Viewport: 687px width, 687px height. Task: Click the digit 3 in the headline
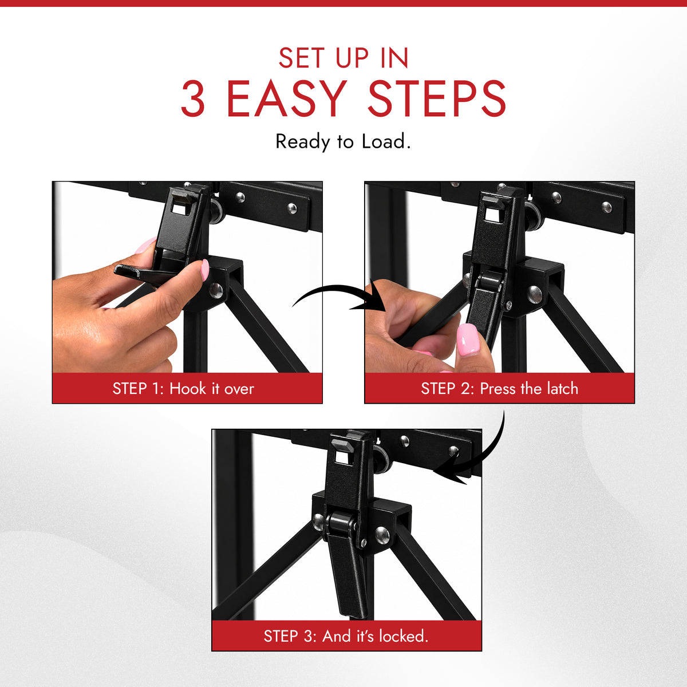(x=194, y=98)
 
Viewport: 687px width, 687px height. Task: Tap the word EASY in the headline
(x=287, y=98)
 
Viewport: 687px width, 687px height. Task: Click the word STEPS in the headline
(x=437, y=98)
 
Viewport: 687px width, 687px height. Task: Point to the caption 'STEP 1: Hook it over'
(x=183, y=389)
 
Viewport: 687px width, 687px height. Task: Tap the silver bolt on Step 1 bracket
(x=216, y=290)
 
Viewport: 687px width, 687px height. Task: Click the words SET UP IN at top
(x=343, y=58)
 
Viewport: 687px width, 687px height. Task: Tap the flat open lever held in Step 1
(x=146, y=272)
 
